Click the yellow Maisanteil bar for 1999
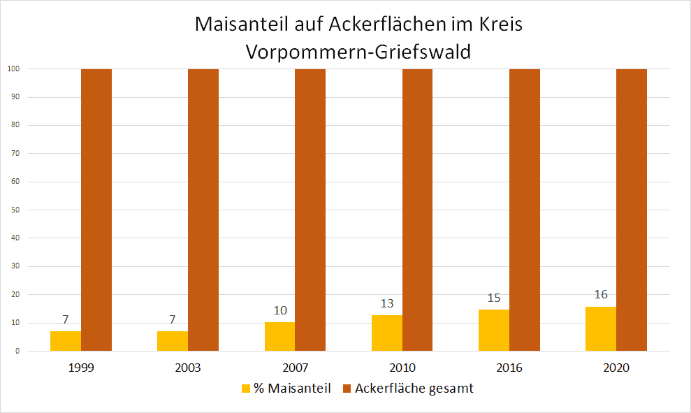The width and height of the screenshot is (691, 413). pyautogui.click(x=66, y=341)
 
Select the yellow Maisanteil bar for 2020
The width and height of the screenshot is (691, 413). pyautogui.click(x=601, y=329)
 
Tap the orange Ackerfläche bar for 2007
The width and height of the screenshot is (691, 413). pyautogui.click(x=310, y=210)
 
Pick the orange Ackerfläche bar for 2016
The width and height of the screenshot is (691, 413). pyautogui.click(x=524, y=210)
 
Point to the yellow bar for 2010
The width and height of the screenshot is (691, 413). pyautogui.click(x=387, y=333)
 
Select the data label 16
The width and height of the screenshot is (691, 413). pyautogui.click(x=601, y=295)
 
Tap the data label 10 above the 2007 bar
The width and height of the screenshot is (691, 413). pyautogui.click(x=280, y=311)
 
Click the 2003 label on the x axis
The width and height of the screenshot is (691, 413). pyautogui.click(x=188, y=368)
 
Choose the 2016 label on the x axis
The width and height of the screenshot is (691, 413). pyautogui.click(x=509, y=368)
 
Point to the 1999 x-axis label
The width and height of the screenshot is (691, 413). pyautogui.click(x=81, y=368)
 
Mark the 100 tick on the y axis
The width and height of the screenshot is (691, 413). pyautogui.click(x=13, y=68)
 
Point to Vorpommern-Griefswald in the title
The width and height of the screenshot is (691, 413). pyautogui.click(x=359, y=51)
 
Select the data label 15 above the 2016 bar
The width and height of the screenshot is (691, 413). pyautogui.click(x=494, y=298)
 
